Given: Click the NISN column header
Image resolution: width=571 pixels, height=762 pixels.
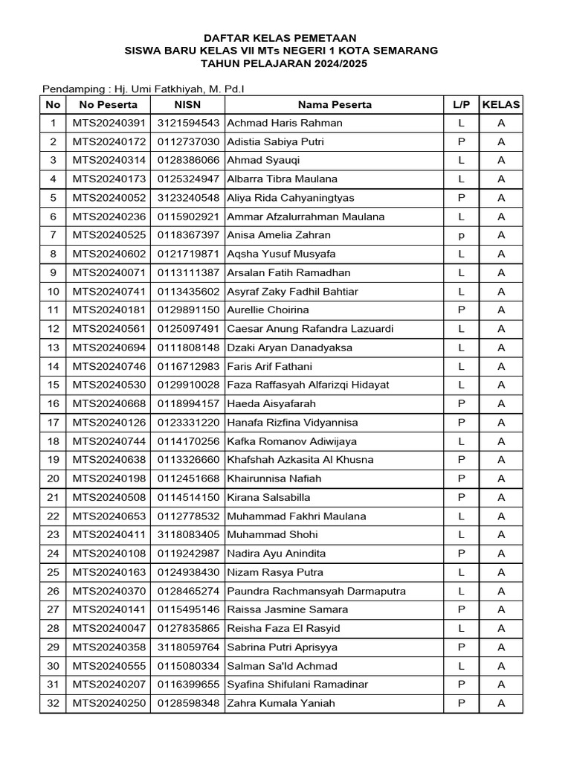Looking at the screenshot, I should pos(187,104).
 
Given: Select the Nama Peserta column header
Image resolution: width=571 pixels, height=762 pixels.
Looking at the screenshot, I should pos(335,104).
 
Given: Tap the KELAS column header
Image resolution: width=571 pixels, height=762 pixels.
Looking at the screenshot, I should pos(501,104).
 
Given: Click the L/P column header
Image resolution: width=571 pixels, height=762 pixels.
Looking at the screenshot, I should pos(461,104).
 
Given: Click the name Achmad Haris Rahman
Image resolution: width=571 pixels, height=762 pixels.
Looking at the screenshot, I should pos(285,123).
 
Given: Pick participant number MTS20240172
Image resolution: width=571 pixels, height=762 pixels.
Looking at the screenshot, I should pos(109,141).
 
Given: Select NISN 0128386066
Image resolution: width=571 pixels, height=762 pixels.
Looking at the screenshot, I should pos(187,160).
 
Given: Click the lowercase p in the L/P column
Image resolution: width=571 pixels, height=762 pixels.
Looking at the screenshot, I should pos(461,235).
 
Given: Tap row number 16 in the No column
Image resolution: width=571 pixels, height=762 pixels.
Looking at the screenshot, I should pos(53,403).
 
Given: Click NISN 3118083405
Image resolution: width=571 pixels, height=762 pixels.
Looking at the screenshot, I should pos(187,534).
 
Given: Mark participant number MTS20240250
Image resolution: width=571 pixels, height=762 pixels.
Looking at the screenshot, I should pos(109,703).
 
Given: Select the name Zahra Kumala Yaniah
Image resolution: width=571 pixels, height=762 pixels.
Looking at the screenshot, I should pos(281,703).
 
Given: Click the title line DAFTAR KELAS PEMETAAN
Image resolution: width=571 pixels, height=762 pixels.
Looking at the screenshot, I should pos(281,37).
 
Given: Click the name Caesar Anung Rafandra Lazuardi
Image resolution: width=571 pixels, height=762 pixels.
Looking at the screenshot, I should pos(310,329).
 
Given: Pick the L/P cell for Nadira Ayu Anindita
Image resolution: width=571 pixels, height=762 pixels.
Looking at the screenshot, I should pos(461,554).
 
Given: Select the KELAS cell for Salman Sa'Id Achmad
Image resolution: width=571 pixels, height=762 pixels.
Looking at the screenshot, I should pos(501,666).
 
